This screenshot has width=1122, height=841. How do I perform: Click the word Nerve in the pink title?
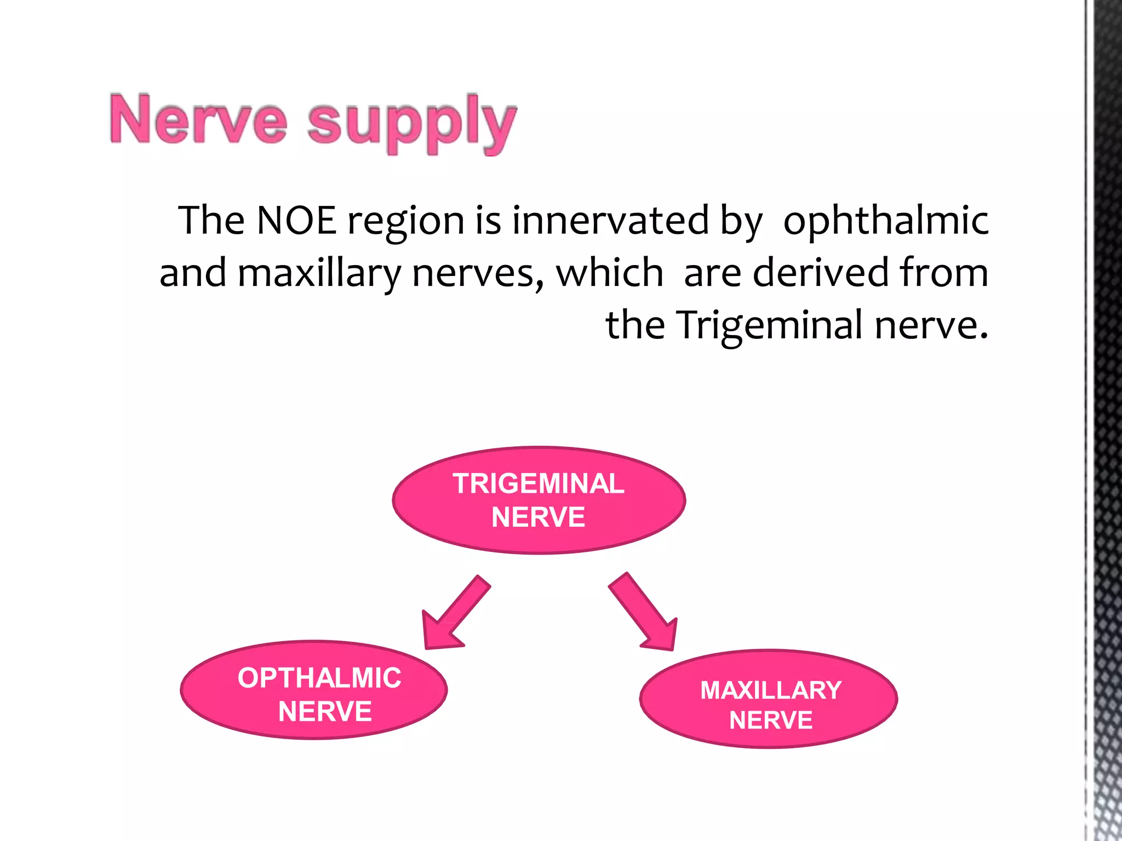[198, 119]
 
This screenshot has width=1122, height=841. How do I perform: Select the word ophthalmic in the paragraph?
[885, 221]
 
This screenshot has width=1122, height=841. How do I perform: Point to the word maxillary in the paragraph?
[319, 273]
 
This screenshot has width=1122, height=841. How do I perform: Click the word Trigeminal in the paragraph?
[770, 325]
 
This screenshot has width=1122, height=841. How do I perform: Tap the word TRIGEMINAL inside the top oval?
[539, 483]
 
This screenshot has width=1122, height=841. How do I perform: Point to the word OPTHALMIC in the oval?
[319, 678]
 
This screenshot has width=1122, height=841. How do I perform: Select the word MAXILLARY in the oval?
[770, 690]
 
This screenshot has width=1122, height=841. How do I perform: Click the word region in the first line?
[406, 221]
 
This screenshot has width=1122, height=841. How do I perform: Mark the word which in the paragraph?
[609, 272]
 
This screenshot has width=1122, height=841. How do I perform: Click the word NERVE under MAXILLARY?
[770, 720]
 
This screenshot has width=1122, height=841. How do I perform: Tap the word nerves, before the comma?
[477, 273]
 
